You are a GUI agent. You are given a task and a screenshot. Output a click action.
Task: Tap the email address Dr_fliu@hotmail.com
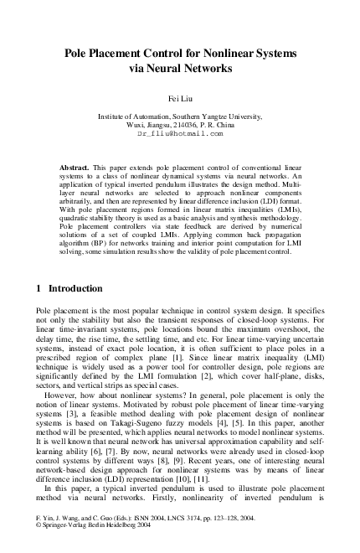click(179, 133)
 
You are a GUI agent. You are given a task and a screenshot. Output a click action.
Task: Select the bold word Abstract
click(77, 168)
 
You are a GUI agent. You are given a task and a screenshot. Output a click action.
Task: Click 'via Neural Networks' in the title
click(179, 69)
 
